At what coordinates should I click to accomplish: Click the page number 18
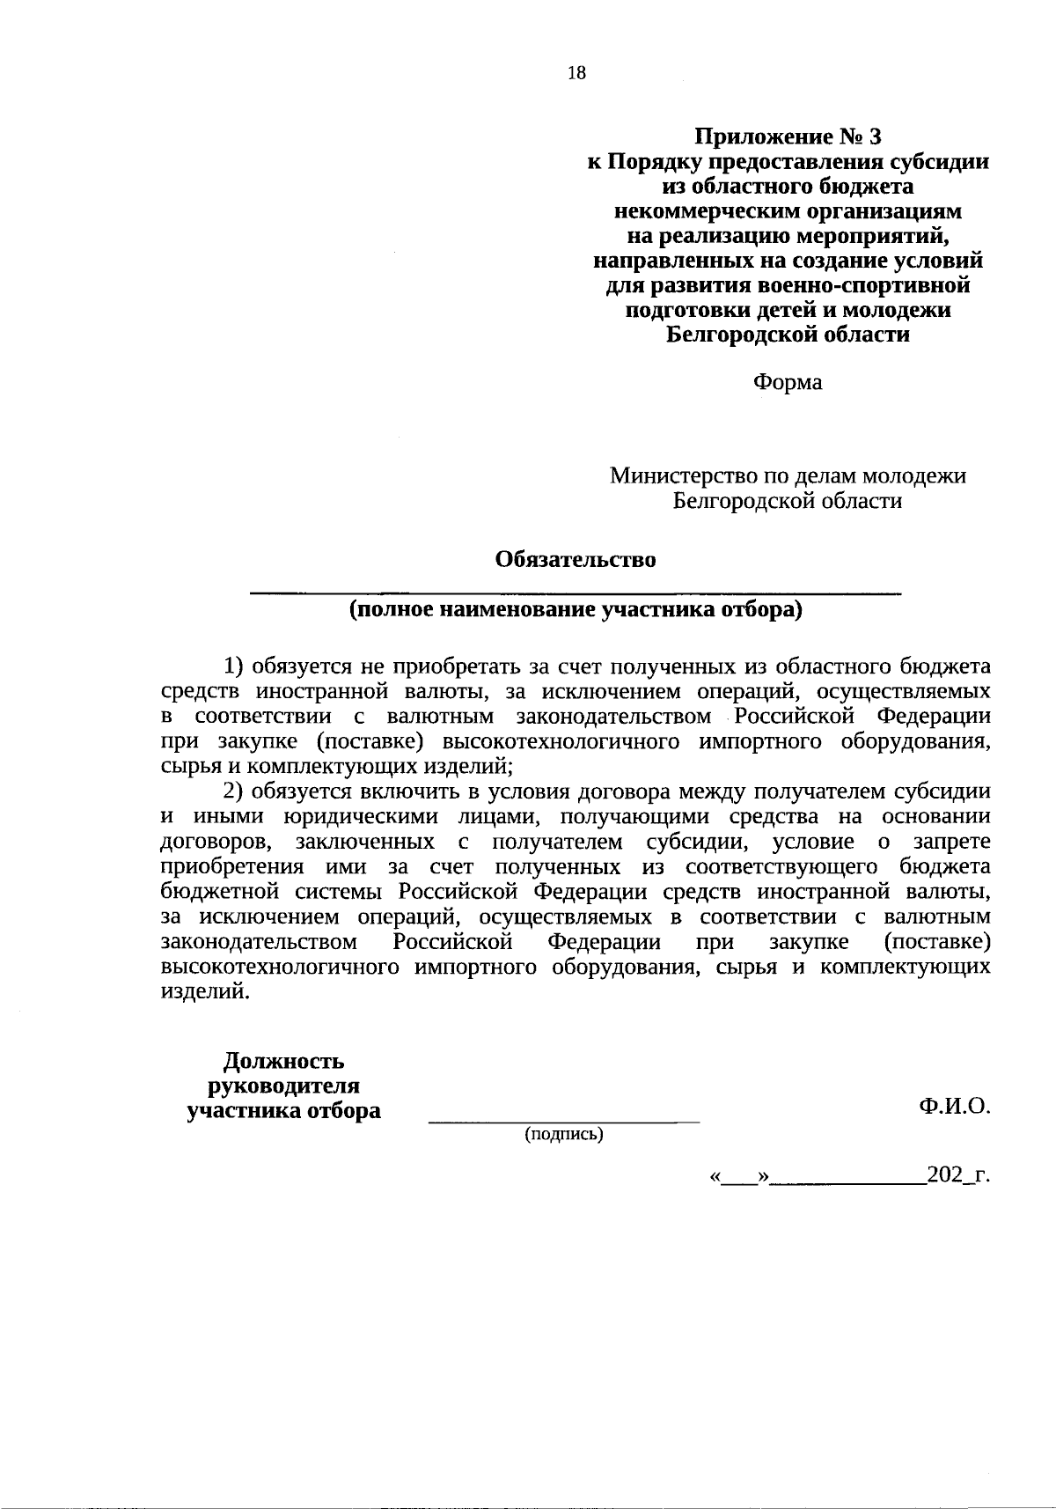[576, 73]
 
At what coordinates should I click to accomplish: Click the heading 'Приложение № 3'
[787, 137]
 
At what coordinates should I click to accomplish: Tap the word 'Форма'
[787, 383]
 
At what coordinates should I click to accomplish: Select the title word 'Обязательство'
[576, 560]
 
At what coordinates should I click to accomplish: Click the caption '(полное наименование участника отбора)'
[576, 610]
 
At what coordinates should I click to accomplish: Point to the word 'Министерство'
[671, 476]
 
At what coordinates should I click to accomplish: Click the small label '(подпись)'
[563, 1135]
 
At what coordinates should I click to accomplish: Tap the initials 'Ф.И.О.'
[955, 1108]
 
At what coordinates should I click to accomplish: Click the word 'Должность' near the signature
[283, 1061]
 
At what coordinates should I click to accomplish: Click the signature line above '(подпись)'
[563, 1122]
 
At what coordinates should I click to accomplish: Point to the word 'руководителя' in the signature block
[283, 1086]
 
